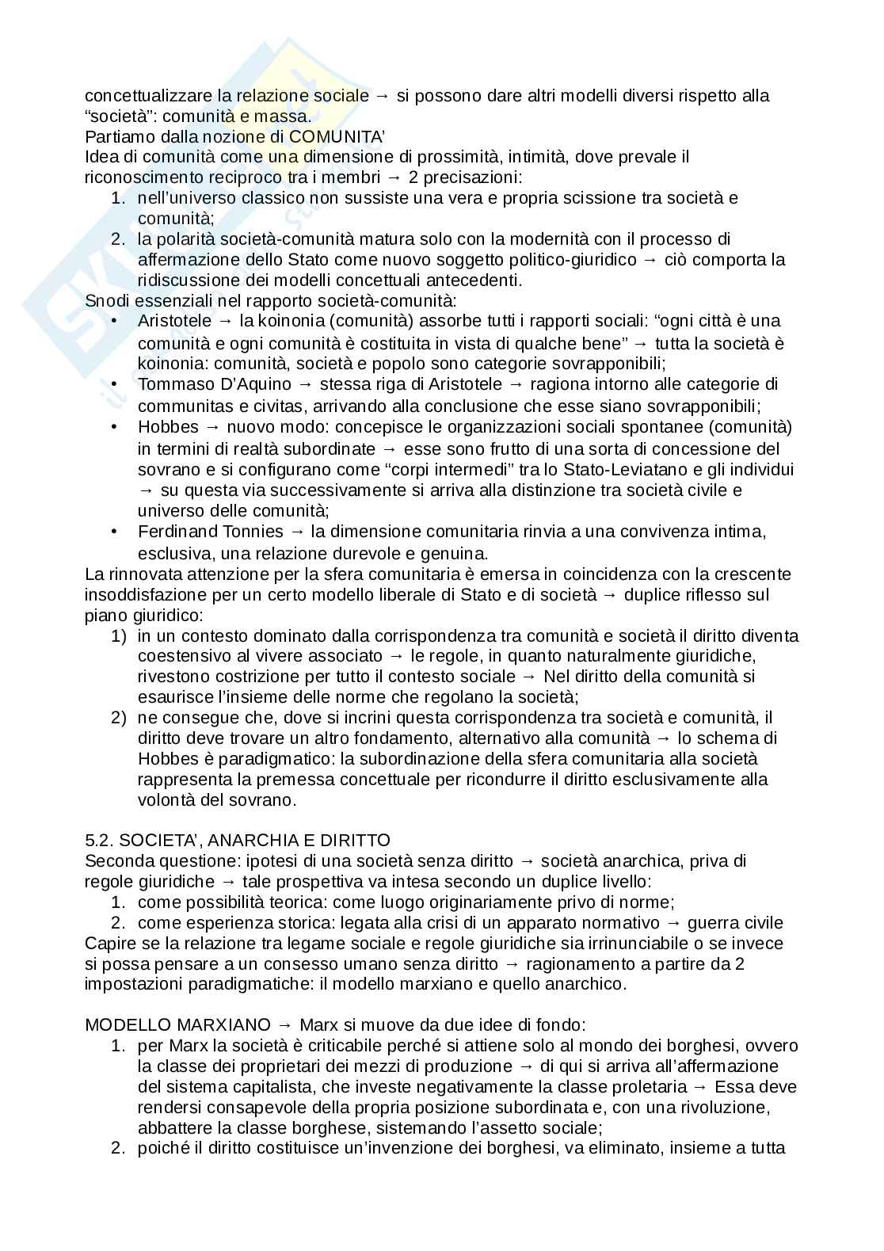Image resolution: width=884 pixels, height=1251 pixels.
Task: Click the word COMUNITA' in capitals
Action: click(337, 136)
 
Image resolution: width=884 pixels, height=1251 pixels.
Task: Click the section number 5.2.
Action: click(99, 840)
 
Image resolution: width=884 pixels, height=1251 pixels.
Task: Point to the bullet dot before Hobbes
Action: click(116, 427)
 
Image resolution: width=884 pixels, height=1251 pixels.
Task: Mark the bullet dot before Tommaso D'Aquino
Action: click(116, 384)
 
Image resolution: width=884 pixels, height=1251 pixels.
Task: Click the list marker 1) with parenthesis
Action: click(118, 636)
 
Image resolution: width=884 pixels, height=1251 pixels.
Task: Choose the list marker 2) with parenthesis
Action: click(118, 718)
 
